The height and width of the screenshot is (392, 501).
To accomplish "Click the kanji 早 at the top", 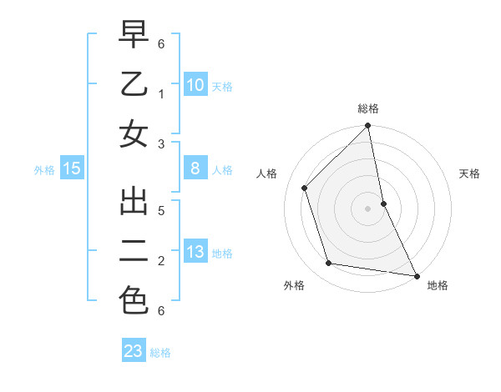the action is click(x=134, y=36).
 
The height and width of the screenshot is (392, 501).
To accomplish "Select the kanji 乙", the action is click(x=134, y=84).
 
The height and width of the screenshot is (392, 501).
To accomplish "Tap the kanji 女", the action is click(x=134, y=133).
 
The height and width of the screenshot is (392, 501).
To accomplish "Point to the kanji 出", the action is click(x=134, y=204).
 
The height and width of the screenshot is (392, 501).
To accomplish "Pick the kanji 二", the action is click(x=134, y=251).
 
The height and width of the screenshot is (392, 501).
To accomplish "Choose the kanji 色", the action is click(x=134, y=299).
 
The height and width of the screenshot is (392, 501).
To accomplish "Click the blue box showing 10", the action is click(x=195, y=84).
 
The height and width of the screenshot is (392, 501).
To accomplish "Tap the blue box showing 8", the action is click(x=195, y=168).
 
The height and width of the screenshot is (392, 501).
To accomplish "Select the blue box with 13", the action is click(x=195, y=252).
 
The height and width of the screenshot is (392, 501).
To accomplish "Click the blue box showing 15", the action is click(x=72, y=168).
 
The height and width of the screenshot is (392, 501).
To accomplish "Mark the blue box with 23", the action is click(x=134, y=351).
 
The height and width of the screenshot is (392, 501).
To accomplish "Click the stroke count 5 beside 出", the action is click(x=161, y=210).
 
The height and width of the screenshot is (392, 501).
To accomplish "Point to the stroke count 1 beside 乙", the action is click(x=161, y=93).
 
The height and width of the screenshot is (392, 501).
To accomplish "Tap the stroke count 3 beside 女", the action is click(x=161, y=143).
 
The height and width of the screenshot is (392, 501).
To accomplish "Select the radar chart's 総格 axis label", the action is click(x=368, y=108).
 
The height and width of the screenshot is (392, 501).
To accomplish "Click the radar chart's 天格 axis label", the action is click(x=470, y=173).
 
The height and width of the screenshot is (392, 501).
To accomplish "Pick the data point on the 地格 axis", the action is click(x=416, y=275).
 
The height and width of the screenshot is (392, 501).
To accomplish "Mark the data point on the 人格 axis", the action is click(x=305, y=188).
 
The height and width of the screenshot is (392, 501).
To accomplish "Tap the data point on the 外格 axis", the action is click(x=329, y=264).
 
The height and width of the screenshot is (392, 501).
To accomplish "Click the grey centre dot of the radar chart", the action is click(x=367, y=208).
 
